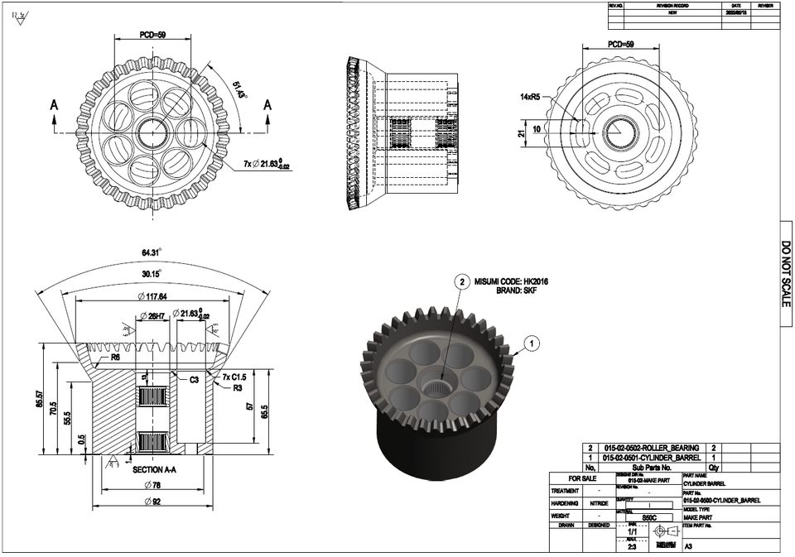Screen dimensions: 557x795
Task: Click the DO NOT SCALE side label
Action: [786, 273]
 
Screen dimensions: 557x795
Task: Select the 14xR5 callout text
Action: [529, 97]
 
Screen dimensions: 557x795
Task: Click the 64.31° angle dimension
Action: [150, 252]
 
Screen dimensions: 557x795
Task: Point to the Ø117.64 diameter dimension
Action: [152, 296]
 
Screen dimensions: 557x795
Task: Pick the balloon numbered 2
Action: [462, 282]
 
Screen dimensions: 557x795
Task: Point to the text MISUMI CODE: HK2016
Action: [511, 281]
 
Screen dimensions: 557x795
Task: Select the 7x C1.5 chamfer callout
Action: [235, 377]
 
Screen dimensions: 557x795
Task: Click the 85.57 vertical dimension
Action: [38, 401]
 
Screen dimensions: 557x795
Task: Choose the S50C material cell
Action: [648, 517]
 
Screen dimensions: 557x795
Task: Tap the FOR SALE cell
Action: [581, 478]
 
